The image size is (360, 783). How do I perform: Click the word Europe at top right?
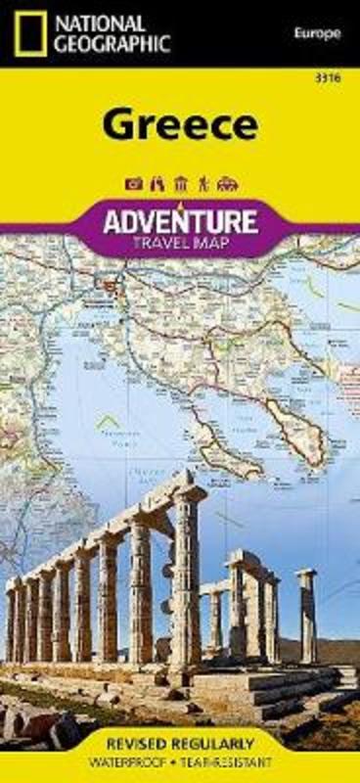(x=316, y=34)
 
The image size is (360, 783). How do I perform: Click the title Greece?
(x=179, y=126)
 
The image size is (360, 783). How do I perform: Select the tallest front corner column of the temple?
(x=185, y=587)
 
